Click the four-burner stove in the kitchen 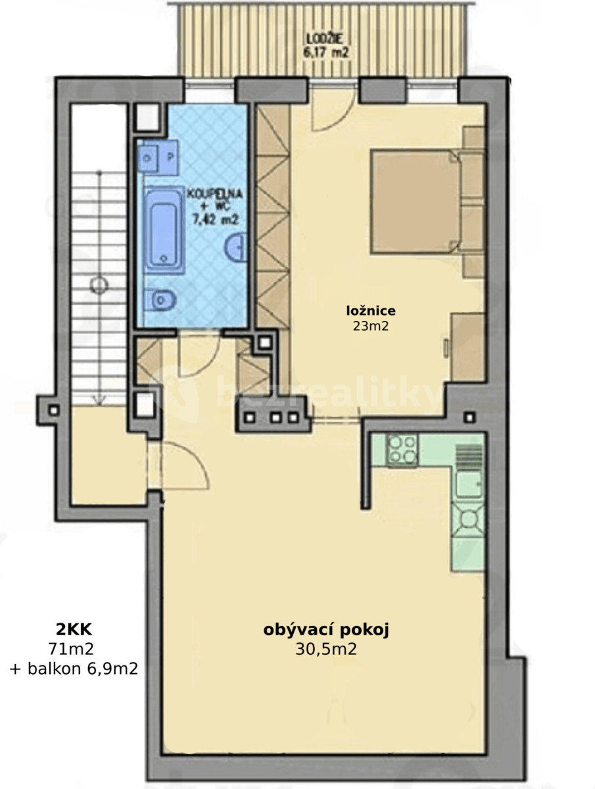coord(401,450)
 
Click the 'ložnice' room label coord(371,310)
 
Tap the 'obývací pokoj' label coord(327,630)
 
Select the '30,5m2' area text coord(327,650)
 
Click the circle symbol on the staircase coord(99,285)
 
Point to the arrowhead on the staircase coord(99,397)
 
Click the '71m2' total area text coord(71,649)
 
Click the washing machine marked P coord(170,158)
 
